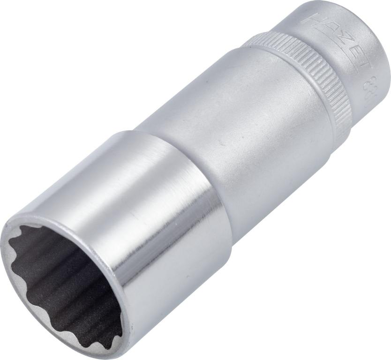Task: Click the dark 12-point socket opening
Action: [61, 277]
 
